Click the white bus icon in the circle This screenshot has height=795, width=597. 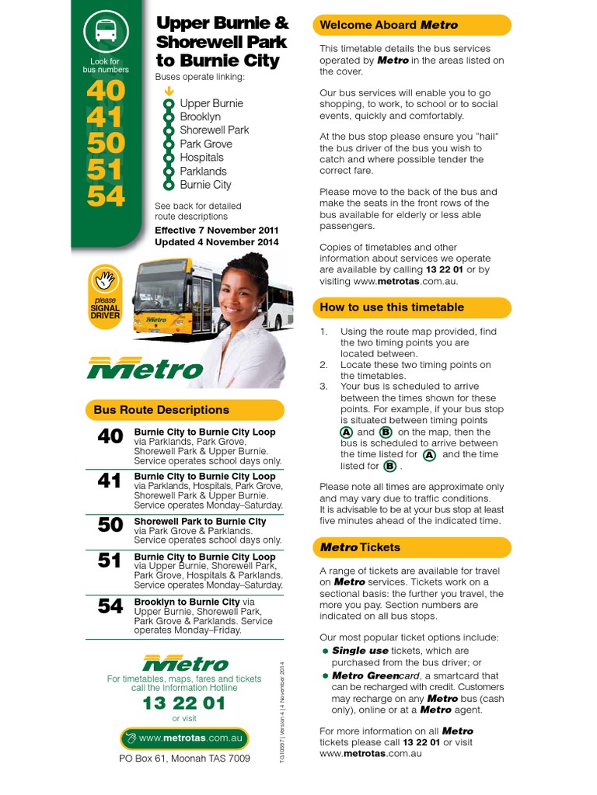pyautogui.click(x=106, y=31)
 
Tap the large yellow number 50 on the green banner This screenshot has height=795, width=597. pyautogui.click(x=106, y=143)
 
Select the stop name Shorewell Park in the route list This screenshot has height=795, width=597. pyautogui.click(x=214, y=130)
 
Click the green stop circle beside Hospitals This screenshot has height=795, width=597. pyautogui.click(x=168, y=158)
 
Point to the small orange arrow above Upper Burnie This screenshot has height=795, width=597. pyautogui.click(x=168, y=90)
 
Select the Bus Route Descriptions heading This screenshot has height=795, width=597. pyautogui.click(x=162, y=410)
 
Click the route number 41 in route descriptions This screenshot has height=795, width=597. pyautogui.click(x=110, y=481)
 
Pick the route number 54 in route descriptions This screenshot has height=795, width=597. pyautogui.click(x=110, y=606)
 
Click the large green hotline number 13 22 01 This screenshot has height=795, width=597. pyautogui.click(x=183, y=703)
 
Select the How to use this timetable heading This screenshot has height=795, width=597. pyautogui.click(x=392, y=307)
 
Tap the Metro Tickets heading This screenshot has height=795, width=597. pyautogui.click(x=360, y=547)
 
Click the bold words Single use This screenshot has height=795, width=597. pyautogui.click(x=360, y=651)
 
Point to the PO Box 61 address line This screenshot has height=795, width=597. pyautogui.click(x=184, y=759)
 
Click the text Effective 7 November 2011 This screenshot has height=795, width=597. pyautogui.click(x=216, y=231)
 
